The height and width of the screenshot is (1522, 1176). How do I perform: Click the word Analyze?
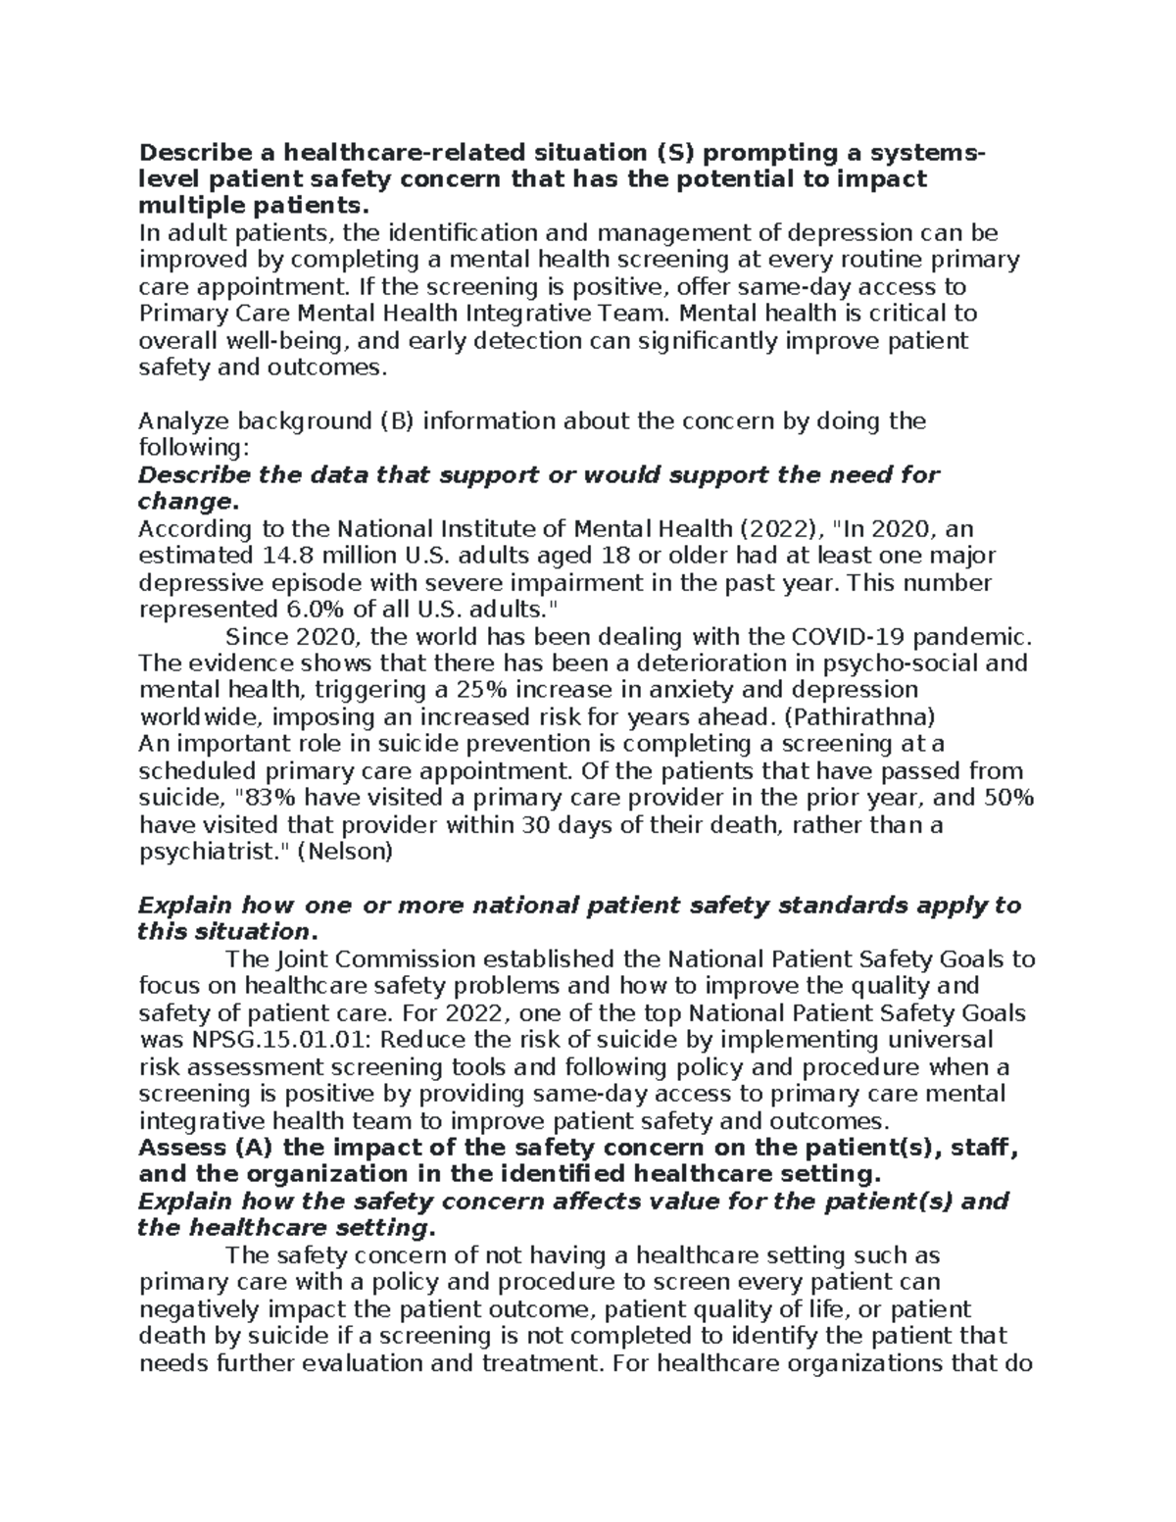pos(181,421)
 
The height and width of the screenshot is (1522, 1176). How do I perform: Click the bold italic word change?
pos(185,503)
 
